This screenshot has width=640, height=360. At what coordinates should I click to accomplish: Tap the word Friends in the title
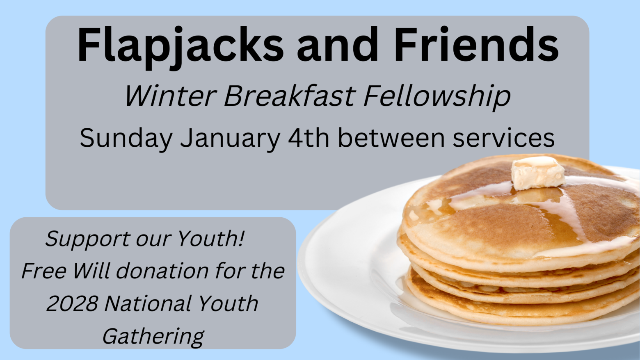[476, 44]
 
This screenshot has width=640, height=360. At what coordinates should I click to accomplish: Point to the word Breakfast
[290, 96]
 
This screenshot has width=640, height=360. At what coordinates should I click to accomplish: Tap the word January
[230, 139]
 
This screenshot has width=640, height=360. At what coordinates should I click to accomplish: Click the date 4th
[309, 138]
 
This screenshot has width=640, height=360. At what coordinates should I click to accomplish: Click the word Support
[87, 239]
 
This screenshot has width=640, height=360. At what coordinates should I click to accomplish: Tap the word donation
[162, 271]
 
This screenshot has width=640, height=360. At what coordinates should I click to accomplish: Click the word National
[148, 303]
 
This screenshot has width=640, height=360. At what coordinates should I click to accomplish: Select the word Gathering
[153, 337]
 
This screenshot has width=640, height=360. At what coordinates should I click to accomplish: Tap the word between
[391, 138]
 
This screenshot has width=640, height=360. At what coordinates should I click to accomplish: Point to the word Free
[44, 271]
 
